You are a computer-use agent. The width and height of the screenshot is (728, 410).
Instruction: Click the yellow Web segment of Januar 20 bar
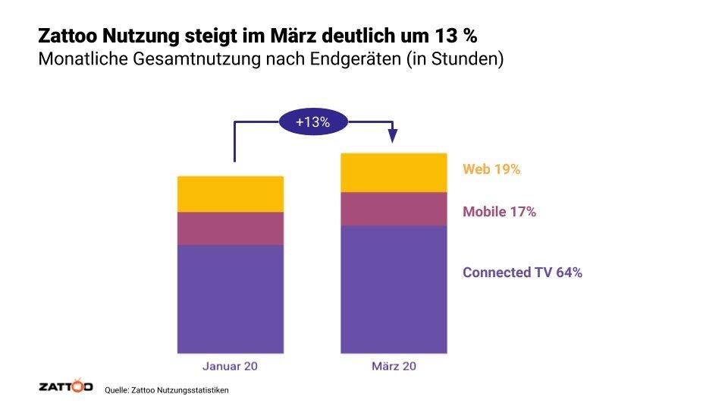[231, 194]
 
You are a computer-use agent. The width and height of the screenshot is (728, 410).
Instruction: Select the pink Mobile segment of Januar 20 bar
[231, 229]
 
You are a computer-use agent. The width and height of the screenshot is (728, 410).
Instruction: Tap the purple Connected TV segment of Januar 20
[231, 298]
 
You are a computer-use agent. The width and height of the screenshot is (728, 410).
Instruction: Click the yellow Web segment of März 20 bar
[394, 173]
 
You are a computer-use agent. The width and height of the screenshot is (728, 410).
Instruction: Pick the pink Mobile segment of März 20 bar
[394, 210]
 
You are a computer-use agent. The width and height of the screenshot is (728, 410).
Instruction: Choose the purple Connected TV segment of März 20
[394, 289]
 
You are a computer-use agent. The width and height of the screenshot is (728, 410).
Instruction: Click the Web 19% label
[491, 170]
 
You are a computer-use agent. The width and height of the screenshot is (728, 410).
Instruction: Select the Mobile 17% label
[499, 213]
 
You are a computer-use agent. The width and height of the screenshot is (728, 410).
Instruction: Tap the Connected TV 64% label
[522, 273]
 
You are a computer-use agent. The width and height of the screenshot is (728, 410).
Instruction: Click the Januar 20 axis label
[231, 367]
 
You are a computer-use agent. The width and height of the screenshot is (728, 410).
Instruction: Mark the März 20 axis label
[394, 367]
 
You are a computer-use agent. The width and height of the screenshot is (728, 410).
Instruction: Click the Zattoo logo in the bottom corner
[65, 387]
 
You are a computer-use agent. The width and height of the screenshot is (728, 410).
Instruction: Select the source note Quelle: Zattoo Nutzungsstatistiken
[166, 389]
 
